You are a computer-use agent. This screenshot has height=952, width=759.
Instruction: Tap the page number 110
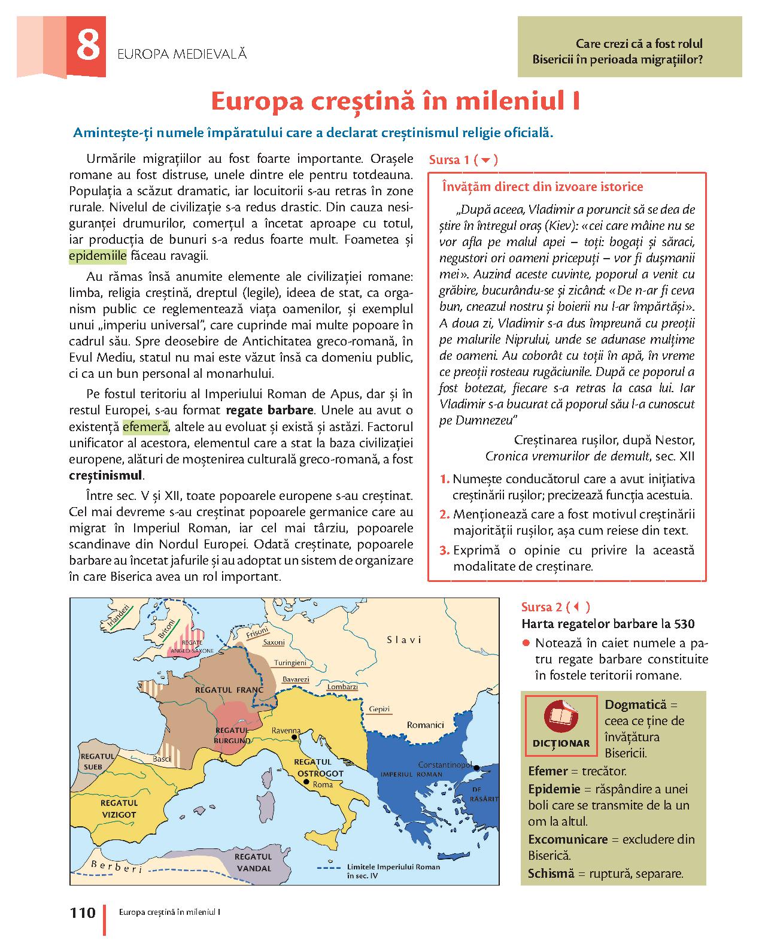tap(83, 912)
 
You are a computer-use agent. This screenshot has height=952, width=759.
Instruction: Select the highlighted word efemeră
tap(146, 428)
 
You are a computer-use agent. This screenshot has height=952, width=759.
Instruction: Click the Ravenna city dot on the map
tap(294, 738)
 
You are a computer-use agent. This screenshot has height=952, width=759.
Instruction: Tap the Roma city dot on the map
tap(306, 782)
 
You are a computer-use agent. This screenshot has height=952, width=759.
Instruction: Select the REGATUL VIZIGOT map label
tap(119, 808)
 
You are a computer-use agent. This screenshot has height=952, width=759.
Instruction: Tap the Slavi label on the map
tap(404, 639)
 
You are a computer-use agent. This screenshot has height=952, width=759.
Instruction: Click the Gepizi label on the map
tap(380, 709)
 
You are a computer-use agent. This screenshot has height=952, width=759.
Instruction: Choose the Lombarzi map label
tap(343, 687)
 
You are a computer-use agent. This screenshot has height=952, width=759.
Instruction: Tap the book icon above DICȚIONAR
tap(561, 717)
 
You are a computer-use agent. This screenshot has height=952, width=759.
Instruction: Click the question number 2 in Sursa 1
tap(444, 514)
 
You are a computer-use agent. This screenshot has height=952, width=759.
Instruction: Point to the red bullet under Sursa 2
tap(526, 644)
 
